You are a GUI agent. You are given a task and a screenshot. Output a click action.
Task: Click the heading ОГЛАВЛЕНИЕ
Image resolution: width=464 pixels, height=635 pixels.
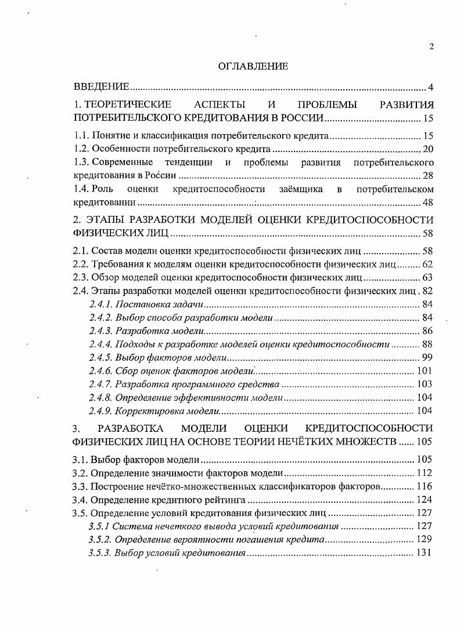point(253,67)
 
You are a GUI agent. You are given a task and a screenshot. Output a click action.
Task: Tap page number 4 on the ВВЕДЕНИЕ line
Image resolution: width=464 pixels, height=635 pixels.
point(431,87)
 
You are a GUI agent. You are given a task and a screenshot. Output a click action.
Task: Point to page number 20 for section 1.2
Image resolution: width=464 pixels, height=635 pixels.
point(429,149)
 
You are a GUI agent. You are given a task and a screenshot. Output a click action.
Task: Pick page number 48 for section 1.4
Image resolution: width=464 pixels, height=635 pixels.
point(429,202)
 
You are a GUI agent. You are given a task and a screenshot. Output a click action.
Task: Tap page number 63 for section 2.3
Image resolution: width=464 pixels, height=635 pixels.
point(429,277)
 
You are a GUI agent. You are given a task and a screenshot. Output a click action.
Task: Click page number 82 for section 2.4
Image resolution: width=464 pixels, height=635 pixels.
point(429,290)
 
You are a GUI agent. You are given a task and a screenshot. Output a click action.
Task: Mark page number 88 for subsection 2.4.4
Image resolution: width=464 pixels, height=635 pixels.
point(429,344)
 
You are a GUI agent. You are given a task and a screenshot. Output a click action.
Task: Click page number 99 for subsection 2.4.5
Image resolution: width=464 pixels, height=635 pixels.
point(429,358)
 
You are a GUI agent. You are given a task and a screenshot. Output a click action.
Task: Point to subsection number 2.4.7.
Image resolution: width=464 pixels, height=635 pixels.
point(100,384)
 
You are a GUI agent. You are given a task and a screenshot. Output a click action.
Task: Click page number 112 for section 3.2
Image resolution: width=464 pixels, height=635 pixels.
point(426,472)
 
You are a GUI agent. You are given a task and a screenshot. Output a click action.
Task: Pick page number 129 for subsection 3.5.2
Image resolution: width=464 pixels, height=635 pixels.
point(426,539)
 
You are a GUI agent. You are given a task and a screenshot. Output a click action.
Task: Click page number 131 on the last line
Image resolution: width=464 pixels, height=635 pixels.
point(426,553)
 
